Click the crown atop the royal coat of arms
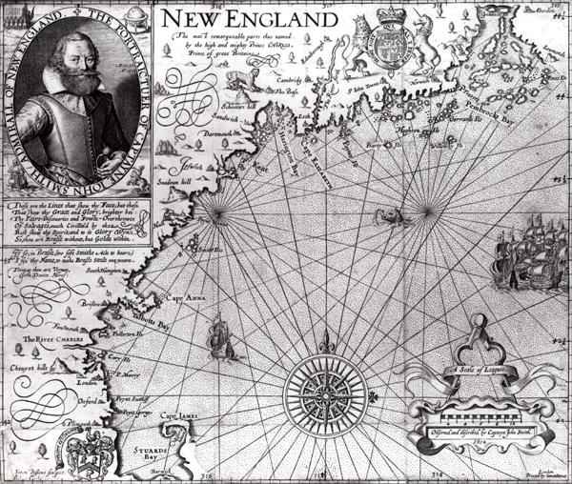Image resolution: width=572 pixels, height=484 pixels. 389,15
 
